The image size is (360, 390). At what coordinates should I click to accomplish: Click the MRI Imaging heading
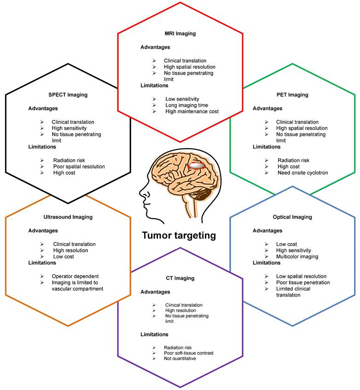[180, 33]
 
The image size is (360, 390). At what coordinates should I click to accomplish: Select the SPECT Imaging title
[68, 95]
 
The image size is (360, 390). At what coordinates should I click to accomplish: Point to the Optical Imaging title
[292, 217]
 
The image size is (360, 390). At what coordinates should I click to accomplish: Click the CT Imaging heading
[180, 278]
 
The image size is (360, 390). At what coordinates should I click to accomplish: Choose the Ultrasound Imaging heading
[68, 217]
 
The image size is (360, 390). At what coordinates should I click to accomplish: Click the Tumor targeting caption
[179, 235]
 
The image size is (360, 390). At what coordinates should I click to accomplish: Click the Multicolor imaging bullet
[297, 256]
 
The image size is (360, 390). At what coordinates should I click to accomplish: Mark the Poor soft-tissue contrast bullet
[188, 353]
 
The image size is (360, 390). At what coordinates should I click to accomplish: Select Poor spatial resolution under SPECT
[78, 166]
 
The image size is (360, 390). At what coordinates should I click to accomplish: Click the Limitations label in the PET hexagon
[267, 147]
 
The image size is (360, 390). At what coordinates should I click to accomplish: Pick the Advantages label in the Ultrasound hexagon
[42, 231]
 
